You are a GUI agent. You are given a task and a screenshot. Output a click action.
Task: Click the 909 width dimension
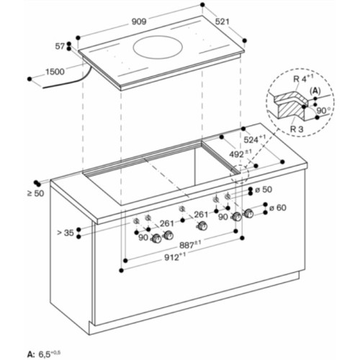click(139, 22)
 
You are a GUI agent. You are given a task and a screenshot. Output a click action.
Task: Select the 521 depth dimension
click(222, 22)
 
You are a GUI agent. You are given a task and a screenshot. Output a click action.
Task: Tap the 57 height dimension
click(60, 46)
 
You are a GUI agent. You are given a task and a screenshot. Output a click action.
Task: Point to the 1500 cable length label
click(55, 71)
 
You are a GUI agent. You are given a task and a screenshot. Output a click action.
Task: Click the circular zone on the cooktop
click(154, 47)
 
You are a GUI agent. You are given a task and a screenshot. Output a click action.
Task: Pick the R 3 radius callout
click(297, 129)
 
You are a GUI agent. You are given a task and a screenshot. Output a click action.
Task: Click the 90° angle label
click(323, 111)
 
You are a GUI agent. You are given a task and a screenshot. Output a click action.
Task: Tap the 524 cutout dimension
click(255, 139)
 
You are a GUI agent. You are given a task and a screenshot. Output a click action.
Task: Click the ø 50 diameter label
click(264, 189)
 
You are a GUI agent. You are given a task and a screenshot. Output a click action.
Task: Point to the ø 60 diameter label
click(278, 207)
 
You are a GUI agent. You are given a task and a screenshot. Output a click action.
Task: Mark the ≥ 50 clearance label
click(36, 194)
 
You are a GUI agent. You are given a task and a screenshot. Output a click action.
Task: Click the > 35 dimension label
click(66, 233)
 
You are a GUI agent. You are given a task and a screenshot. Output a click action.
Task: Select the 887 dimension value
click(190, 245)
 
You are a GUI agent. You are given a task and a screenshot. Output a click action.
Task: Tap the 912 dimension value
click(175, 257)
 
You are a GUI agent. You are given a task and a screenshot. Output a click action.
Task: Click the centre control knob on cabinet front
click(202, 226)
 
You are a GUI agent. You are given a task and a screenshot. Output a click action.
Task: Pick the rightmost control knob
click(248, 213)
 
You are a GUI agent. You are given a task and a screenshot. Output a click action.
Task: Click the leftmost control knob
click(157, 239)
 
